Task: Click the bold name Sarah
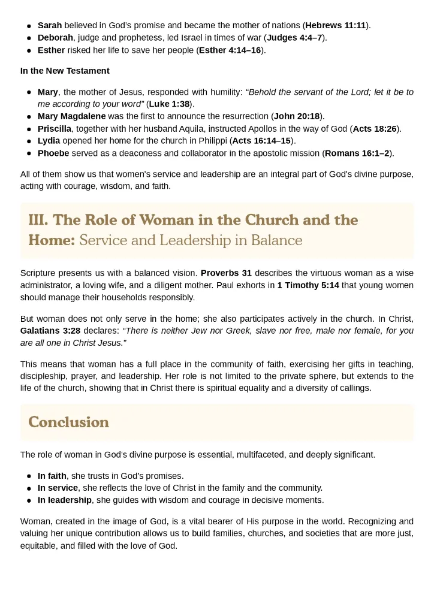point(50,25)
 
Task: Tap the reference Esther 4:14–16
point(230,50)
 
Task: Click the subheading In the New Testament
point(65,71)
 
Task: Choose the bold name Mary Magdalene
point(71,116)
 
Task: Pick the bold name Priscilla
point(55,129)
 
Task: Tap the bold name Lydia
point(49,141)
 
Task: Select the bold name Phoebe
point(53,153)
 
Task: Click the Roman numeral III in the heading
point(37,221)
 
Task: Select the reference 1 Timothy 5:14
point(308,285)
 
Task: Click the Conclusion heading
point(68,422)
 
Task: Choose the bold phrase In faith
point(52,476)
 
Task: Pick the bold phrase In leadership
point(65,500)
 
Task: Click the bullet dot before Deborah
point(29,38)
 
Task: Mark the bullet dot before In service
point(29,488)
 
